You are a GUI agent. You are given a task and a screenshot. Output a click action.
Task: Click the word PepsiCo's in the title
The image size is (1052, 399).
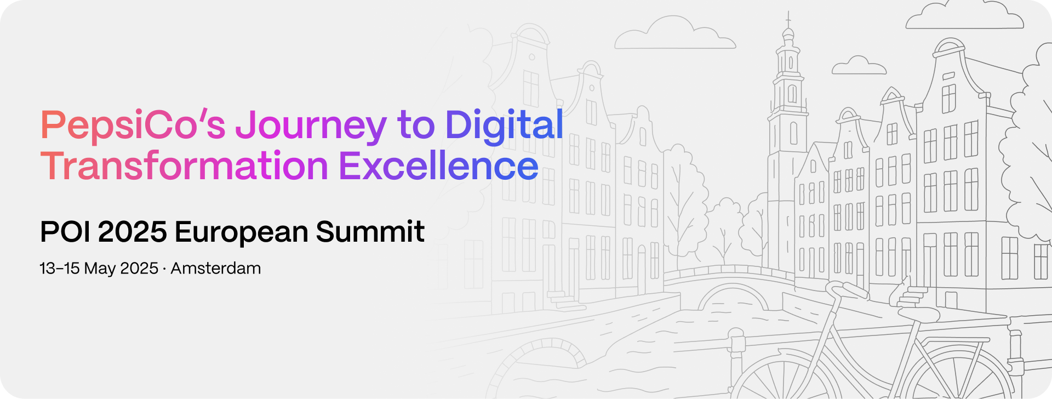[x=133, y=126]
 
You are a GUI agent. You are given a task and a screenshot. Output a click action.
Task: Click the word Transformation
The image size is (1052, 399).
[x=184, y=166]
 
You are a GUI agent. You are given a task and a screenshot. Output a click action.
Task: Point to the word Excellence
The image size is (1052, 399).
[x=439, y=166]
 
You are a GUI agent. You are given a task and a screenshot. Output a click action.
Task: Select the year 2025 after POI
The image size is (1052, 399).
[x=133, y=231]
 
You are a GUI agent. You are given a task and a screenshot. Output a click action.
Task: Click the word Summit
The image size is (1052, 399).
[x=370, y=231]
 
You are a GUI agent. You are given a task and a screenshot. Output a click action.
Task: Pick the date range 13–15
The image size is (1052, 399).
[x=60, y=269]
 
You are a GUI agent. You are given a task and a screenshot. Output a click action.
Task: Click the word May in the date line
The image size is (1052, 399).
[x=100, y=270]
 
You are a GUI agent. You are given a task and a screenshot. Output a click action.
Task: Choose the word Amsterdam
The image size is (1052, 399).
[x=216, y=269]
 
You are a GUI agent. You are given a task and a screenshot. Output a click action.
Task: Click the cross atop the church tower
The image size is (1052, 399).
[x=788, y=19]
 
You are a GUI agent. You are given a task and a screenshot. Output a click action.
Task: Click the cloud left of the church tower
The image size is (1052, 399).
[x=674, y=34]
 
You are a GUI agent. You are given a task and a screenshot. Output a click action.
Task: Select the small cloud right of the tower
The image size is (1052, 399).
[x=859, y=65]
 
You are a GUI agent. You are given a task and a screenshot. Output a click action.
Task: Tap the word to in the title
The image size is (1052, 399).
[x=416, y=126]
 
